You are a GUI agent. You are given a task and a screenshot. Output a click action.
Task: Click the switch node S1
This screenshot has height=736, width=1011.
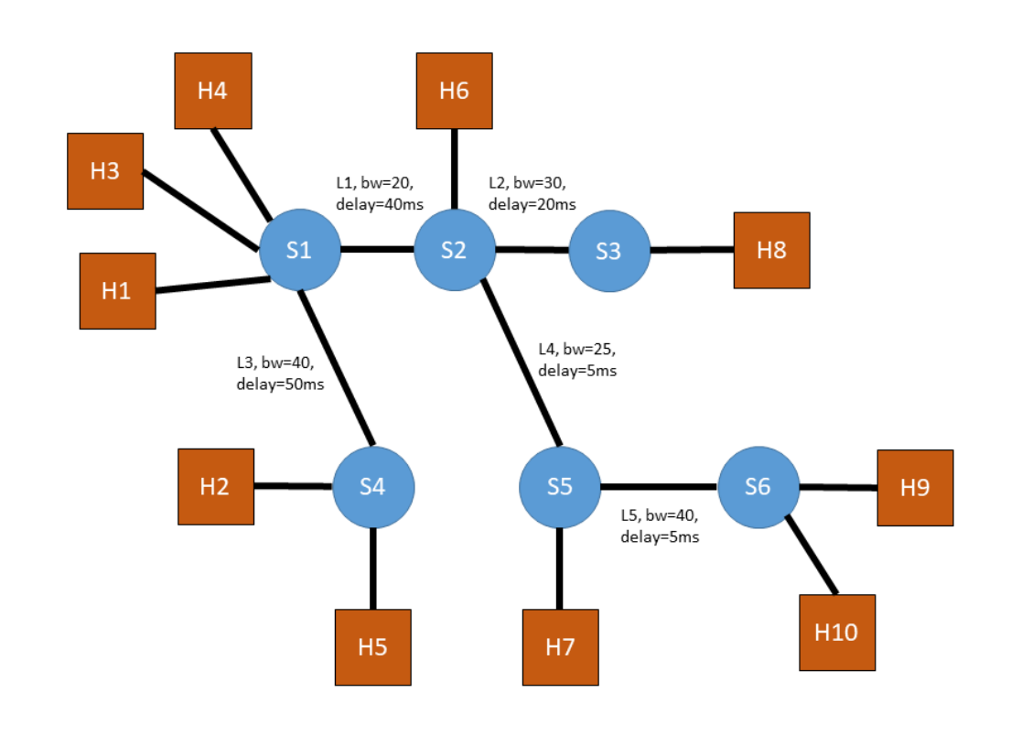tap(300, 250)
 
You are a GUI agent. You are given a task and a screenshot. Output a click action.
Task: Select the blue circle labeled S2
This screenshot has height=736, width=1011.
tap(454, 250)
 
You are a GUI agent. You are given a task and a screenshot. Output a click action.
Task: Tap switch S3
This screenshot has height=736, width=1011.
tap(608, 251)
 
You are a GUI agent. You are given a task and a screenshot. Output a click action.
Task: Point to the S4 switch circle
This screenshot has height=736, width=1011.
tap(372, 487)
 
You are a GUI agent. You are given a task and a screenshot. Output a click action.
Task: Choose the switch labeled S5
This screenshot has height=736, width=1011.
tap(559, 487)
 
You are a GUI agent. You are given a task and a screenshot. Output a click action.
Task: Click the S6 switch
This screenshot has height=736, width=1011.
tap(758, 487)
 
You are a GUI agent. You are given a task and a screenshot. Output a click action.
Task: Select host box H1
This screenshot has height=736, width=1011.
tap(117, 291)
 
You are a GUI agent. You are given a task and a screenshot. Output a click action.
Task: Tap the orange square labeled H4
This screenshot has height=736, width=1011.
tap(212, 91)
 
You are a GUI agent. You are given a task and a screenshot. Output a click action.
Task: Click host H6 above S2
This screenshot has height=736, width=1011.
tap(454, 91)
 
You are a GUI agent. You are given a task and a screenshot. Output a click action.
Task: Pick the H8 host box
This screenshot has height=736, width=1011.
tap(771, 250)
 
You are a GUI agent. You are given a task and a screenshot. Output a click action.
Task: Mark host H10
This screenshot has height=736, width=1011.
tap(837, 633)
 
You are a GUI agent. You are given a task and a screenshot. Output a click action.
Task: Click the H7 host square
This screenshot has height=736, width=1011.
tap(560, 647)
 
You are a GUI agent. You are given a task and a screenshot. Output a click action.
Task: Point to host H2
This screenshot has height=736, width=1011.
tap(215, 486)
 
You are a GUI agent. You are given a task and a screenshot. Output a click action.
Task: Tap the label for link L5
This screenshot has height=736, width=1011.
tap(660, 525)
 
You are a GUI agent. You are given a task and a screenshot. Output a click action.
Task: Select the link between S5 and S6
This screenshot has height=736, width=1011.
tap(659, 486)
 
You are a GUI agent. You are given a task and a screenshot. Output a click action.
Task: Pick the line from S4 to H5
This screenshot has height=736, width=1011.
tap(372, 568)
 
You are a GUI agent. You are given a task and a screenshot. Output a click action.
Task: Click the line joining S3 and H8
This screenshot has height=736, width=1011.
tap(692, 249)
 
